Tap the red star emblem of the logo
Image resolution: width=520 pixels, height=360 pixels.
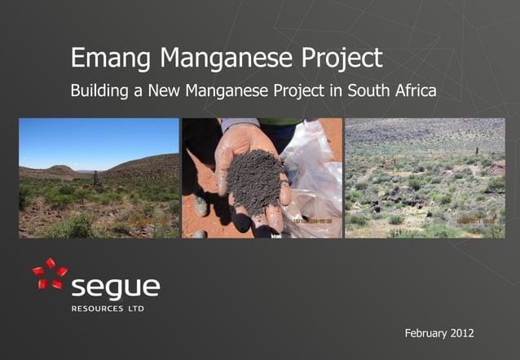[49, 274]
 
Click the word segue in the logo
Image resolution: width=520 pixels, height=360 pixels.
[116, 288]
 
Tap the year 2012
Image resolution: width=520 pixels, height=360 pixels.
[461, 334]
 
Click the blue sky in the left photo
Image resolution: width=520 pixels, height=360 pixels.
[98, 138]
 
